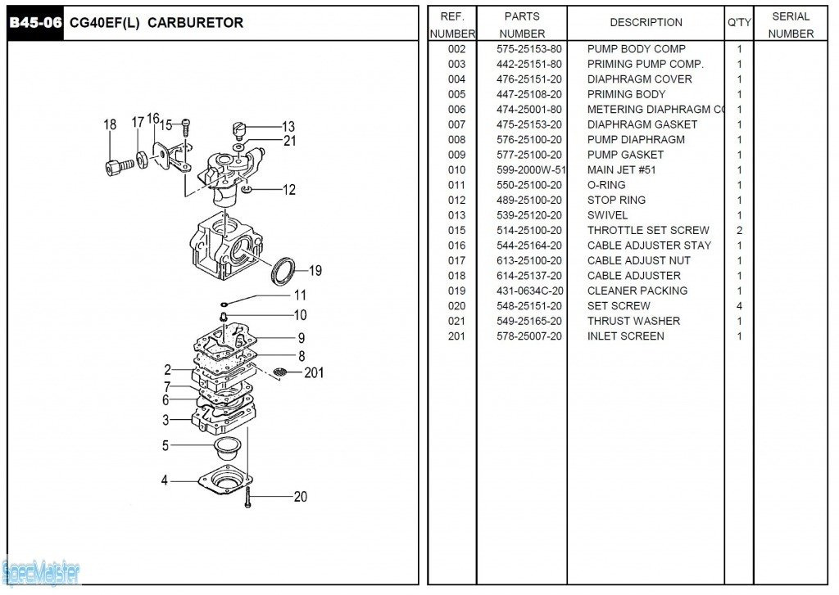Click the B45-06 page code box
34,23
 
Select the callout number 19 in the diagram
315,271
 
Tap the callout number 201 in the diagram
314,373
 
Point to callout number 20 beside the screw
300,497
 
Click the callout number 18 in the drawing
110,125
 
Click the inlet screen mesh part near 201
280,372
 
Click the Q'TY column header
739,23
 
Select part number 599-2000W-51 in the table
531,170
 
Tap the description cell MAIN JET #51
621,170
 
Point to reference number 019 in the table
456,291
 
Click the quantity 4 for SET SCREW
739,306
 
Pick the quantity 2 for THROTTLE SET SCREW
739,231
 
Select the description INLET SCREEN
625,336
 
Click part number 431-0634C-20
530,291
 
